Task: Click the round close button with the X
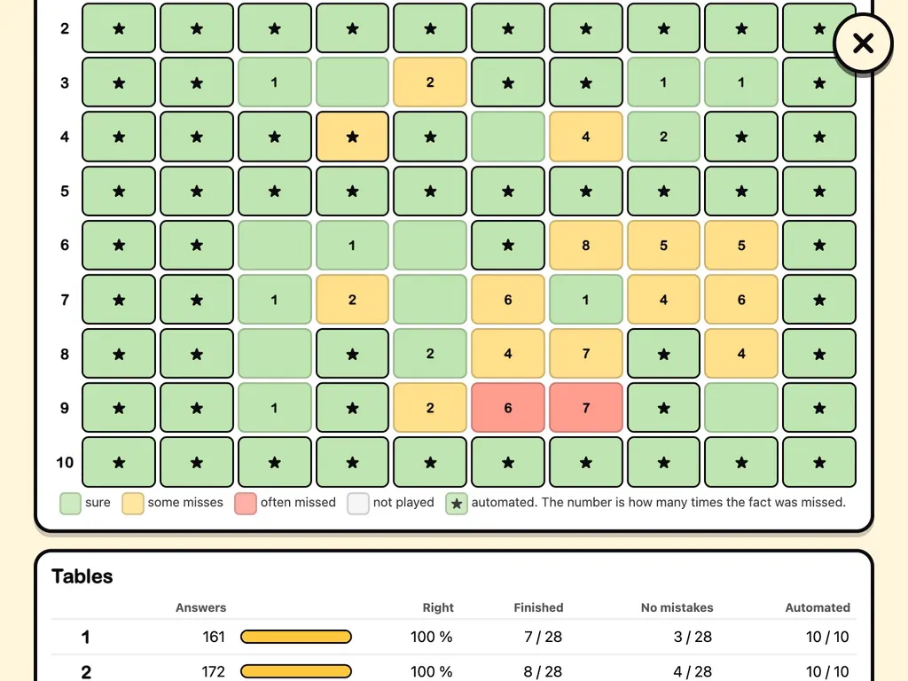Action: (x=863, y=43)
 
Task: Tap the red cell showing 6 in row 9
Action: (x=508, y=408)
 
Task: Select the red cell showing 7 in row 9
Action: (x=586, y=408)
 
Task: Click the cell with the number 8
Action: (x=586, y=245)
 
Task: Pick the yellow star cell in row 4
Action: (x=352, y=137)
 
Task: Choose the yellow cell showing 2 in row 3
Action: (x=430, y=82)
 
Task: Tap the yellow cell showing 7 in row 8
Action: (x=586, y=353)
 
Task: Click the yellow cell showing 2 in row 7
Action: (x=352, y=300)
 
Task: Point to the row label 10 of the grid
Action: (x=65, y=462)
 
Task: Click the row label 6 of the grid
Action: (x=65, y=245)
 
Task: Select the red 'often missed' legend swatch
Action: (x=246, y=504)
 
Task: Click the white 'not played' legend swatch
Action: (x=358, y=504)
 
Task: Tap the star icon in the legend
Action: (x=457, y=504)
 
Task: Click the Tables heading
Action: (x=82, y=576)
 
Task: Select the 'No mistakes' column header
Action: (x=677, y=607)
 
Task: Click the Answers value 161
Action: (x=214, y=637)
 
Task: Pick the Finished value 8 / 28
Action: (x=543, y=672)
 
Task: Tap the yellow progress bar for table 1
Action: (x=296, y=637)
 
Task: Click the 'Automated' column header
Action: (x=818, y=607)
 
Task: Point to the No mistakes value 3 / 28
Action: (x=693, y=637)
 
